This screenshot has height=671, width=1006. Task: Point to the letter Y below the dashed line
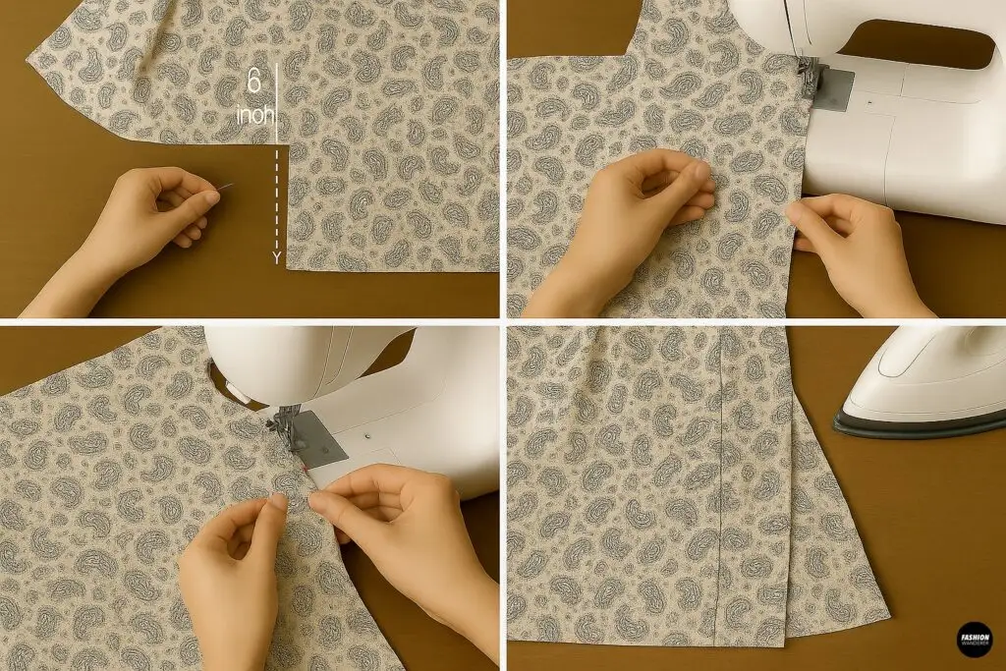coord(277,257)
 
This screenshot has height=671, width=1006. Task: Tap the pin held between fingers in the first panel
coord(228,188)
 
